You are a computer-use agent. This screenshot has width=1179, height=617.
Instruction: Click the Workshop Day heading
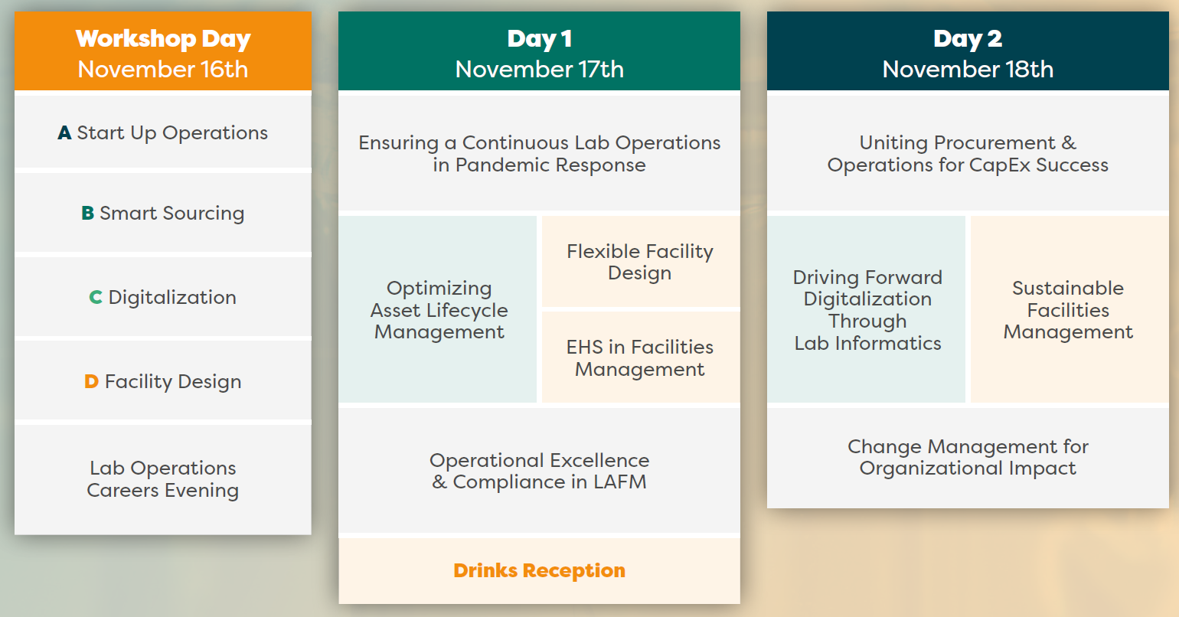[162, 39]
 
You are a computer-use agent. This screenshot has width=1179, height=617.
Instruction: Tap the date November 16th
[162, 70]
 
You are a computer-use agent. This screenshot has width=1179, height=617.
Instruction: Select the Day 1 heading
[540, 39]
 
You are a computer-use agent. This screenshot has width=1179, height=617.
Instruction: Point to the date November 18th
[968, 70]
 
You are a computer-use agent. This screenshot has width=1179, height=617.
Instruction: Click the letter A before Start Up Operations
[64, 132]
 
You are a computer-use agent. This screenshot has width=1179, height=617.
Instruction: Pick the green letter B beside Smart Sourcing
[87, 214]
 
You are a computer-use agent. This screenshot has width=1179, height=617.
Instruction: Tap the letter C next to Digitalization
[95, 298]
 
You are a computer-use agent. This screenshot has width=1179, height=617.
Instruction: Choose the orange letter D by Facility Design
[91, 381]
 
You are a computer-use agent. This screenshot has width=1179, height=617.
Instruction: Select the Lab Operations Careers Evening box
[162, 479]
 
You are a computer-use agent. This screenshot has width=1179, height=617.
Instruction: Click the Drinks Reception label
[540, 570]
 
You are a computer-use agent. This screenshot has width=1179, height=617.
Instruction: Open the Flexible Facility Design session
[641, 262]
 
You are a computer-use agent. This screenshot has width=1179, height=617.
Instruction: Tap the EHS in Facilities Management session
[641, 357]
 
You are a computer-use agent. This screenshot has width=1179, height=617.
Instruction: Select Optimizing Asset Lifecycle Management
[438, 309]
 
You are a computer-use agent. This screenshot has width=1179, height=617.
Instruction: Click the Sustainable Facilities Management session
[1069, 309]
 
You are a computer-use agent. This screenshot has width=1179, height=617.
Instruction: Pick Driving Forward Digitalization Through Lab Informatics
[867, 309]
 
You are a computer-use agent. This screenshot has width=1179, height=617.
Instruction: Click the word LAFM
[620, 482]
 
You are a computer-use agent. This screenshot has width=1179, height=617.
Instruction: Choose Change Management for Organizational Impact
[968, 458]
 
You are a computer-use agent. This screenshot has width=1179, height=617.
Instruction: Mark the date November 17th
[540, 70]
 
